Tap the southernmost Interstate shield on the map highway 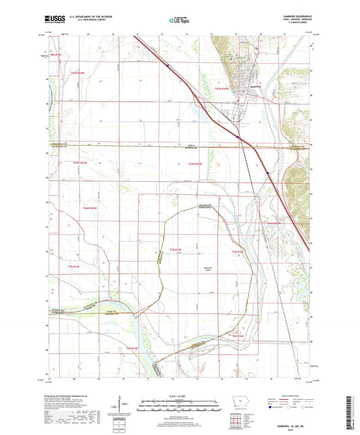point(268,174)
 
